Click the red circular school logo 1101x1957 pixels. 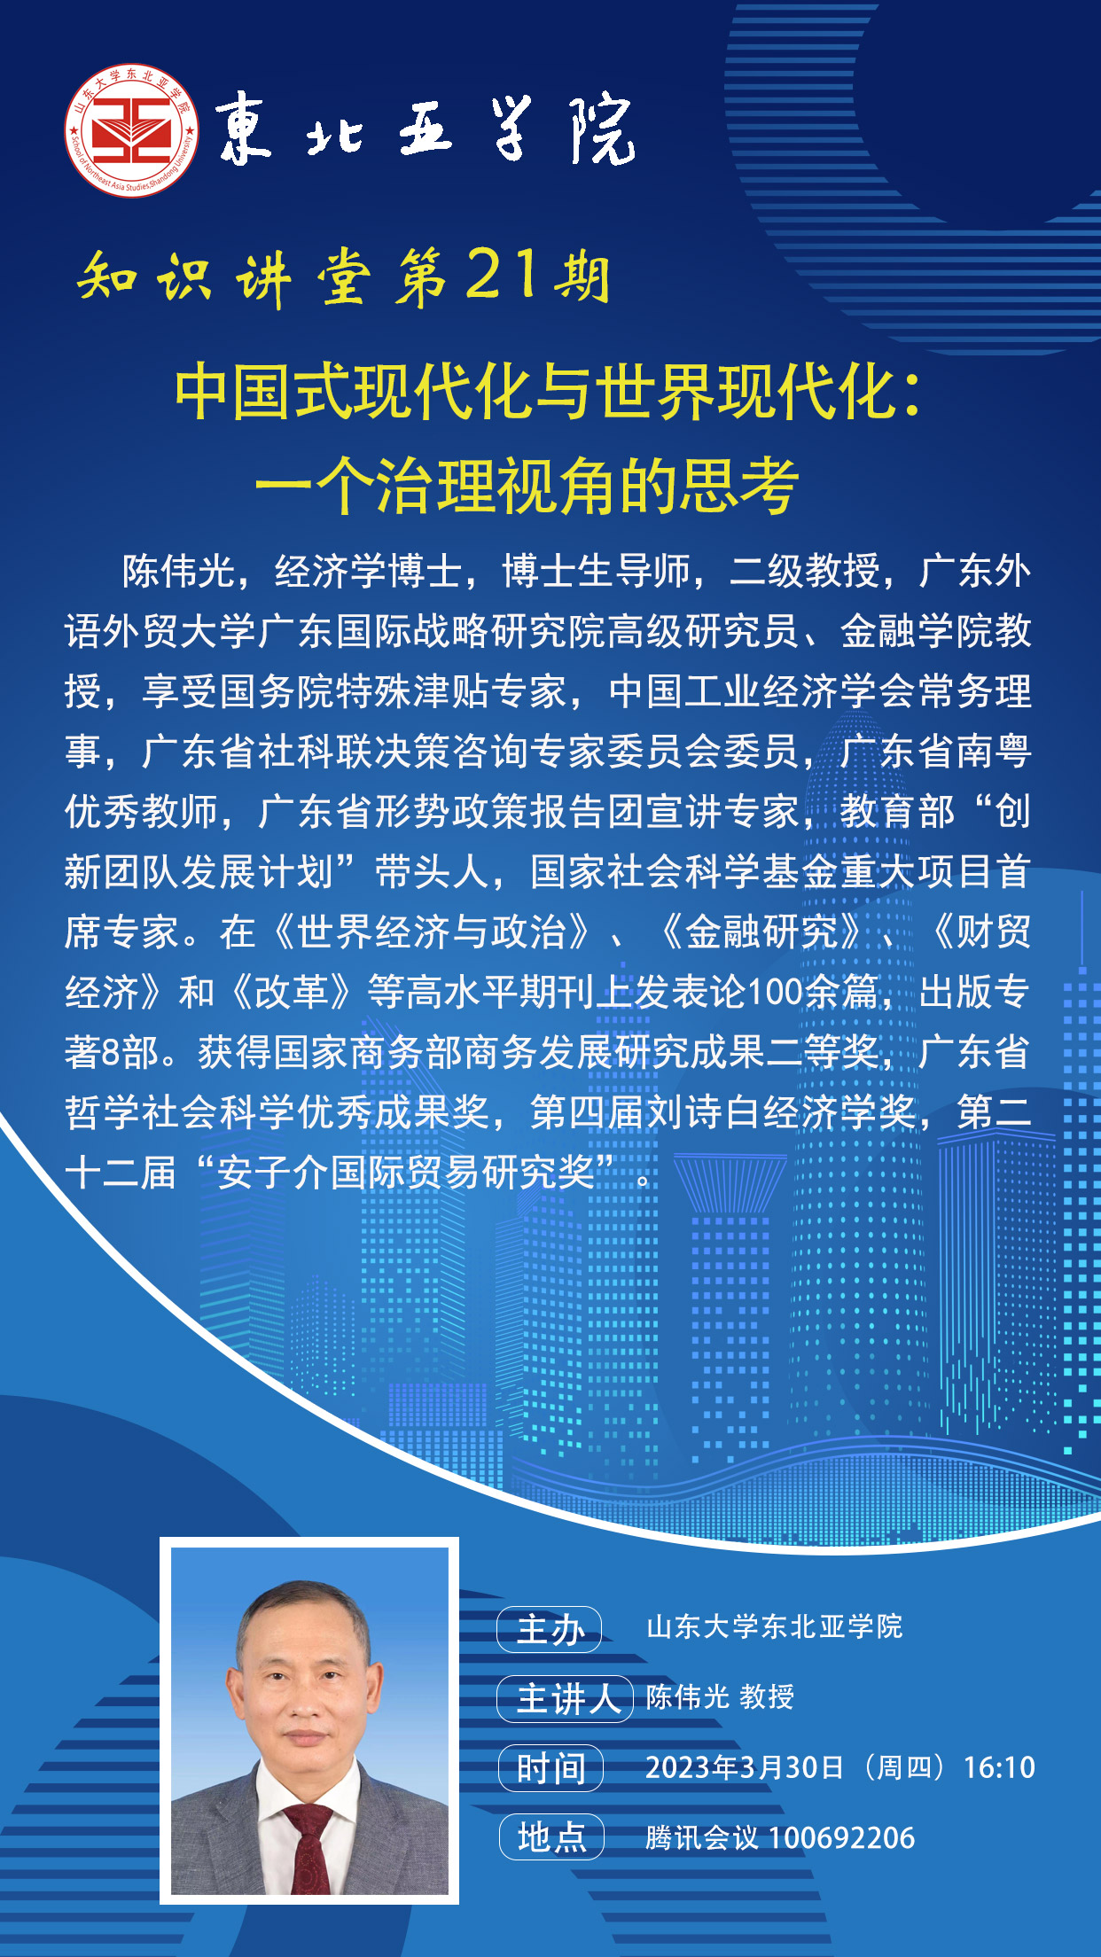pos(132,130)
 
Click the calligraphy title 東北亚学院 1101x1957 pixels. pos(426,131)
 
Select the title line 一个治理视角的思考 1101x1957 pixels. pos(527,485)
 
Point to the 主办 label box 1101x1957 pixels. pos(550,1629)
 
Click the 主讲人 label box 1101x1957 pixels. pos(565,1698)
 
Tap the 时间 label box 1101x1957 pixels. pos(550,1768)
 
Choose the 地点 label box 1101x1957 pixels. pos(550,1837)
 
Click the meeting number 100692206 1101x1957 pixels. pos(841,1838)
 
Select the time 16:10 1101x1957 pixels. pos(999,1767)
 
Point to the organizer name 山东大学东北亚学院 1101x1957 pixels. pos(774,1627)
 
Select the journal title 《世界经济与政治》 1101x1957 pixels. pos(432,932)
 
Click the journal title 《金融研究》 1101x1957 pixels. pos(761,932)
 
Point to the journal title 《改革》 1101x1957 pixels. pos(292,993)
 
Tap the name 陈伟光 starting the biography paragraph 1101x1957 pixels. pos(178,572)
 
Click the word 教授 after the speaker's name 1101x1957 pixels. pos(767,1697)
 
